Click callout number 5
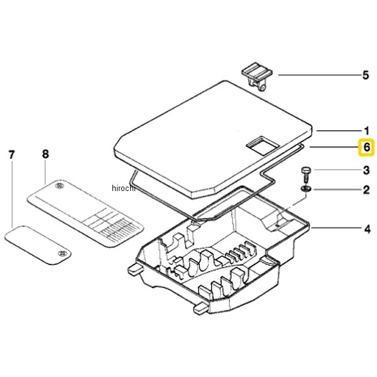pyautogui.click(x=366, y=75)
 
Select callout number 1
pyautogui.click(x=366, y=131)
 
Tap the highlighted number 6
pyautogui.click(x=366, y=147)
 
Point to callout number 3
pyautogui.click(x=366, y=170)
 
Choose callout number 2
pyautogui.click(x=366, y=190)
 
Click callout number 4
pyautogui.click(x=367, y=229)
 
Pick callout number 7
pyautogui.click(x=11, y=155)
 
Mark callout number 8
pyautogui.click(x=45, y=154)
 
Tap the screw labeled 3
pyautogui.click(x=305, y=175)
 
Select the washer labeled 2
pyautogui.click(x=305, y=189)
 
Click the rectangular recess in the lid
pyautogui.click(x=263, y=146)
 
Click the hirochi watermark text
pyautogui.click(x=124, y=188)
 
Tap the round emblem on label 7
pyautogui.click(x=62, y=253)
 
